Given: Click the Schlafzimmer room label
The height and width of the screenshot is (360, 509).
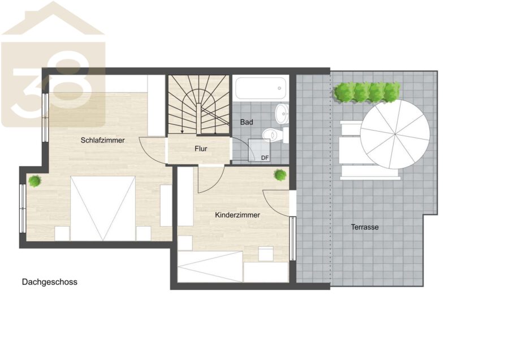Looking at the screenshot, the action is tap(102, 140).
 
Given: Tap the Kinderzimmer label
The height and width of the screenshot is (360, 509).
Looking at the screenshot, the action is tap(238, 215).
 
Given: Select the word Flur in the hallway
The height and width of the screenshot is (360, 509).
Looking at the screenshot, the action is tap(201, 149).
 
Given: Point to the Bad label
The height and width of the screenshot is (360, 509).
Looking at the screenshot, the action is tap(247, 122).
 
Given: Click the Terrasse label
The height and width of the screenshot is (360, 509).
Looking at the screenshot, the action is tap(365, 227).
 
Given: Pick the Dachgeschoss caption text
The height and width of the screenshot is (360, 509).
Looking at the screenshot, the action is tap(49, 282).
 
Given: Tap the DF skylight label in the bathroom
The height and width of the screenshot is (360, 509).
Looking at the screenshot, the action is tap(265, 158).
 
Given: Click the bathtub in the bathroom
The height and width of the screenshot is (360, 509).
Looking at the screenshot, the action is tap(260, 88).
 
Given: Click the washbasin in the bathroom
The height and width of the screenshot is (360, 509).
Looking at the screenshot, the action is tap(282, 114).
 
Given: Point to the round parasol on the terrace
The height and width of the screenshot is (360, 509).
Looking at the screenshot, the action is tap(395, 134).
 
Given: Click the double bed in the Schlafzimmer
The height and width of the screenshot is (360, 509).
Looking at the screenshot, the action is tap(102, 209).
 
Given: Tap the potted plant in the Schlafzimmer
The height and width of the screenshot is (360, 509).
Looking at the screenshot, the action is tap(34, 181).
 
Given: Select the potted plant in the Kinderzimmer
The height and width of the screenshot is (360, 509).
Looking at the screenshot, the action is tap(280, 175).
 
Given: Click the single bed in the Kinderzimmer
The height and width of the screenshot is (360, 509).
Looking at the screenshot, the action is tap(210, 267).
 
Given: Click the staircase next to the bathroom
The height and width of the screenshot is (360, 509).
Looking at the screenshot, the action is tap(199, 104).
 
